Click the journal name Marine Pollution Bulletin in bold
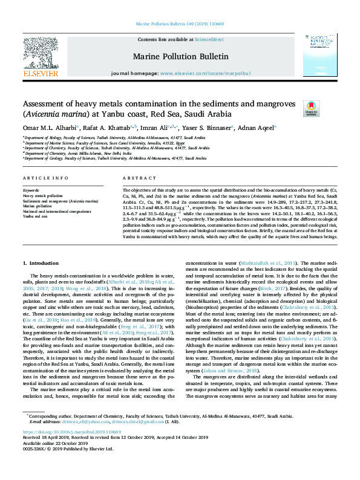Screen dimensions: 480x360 pos(180,56)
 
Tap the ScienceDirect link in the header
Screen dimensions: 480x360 pos(209,39)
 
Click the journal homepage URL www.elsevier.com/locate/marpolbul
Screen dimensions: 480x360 pos(205,73)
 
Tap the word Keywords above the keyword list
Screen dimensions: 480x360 pos(31,190)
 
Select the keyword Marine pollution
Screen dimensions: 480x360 pos(38,206)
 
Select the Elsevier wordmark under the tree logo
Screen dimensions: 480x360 pos(40,73)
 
